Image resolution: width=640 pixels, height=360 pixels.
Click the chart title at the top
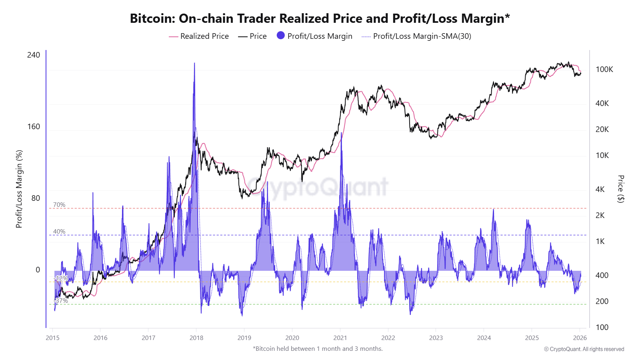320,18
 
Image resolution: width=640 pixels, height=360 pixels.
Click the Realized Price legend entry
199,36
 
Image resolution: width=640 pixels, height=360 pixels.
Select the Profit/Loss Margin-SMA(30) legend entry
416,36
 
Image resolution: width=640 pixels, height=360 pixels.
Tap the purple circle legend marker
281,36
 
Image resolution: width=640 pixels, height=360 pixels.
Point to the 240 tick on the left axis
34,55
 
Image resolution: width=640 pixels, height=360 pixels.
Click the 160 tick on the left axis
34,126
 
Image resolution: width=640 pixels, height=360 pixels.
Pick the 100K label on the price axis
604,69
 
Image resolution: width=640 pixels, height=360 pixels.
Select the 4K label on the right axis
600,189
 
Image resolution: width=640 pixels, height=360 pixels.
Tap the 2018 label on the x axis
196,338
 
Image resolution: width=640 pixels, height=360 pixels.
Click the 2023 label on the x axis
436,338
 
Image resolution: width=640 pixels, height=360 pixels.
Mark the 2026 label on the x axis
580,338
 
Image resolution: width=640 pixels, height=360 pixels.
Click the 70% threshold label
59,205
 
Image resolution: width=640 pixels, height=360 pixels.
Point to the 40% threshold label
59,232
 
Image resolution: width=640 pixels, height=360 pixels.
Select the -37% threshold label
61,300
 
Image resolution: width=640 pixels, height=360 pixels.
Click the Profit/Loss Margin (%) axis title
19,189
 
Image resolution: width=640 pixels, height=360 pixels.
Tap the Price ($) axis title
620,189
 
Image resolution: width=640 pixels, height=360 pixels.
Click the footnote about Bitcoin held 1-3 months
318,348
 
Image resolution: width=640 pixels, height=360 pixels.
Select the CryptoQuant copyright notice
584,349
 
